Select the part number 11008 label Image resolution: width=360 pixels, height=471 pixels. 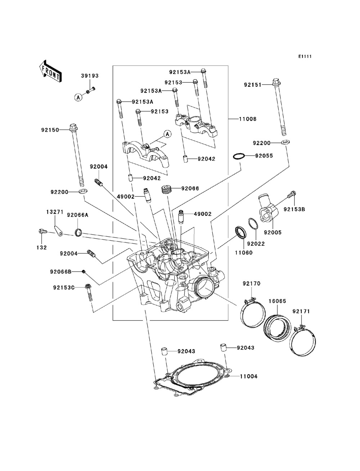(x=248, y=119)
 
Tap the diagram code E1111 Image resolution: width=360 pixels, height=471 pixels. (x=305, y=56)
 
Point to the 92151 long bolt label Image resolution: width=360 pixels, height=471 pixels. (x=253, y=85)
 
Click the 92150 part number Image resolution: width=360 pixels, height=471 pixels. (x=50, y=130)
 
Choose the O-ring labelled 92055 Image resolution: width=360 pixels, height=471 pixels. (x=239, y=156)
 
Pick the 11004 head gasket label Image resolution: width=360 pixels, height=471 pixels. (x=249, y=376)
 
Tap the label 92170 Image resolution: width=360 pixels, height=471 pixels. (x=251, y=284)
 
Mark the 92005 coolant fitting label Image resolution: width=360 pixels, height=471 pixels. (x=273, y=232)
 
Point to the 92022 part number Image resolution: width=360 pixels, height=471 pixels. (x=256, y=244)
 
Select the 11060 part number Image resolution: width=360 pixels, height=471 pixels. (x=244, y=253)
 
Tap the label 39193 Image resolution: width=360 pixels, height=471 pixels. (x=90, y=76)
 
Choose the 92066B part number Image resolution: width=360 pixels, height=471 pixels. (x=61, y=272)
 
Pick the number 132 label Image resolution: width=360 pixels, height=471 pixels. (x=42, y=248)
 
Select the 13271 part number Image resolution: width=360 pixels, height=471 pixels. (x=55, y=212)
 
